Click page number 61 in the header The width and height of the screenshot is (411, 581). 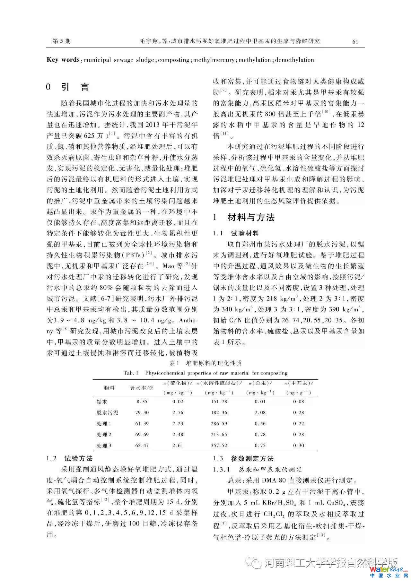(x=355, y=41)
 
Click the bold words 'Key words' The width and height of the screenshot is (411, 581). (x=63, y=60)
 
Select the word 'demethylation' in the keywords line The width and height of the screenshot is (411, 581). (x=294, y=60)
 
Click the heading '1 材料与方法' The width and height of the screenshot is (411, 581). (x=244, y=217)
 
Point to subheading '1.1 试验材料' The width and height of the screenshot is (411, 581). (x=236, y=233)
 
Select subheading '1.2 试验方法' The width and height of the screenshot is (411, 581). (x=69, y=458)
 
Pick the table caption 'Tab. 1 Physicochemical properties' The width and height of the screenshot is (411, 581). (x=205, y=373)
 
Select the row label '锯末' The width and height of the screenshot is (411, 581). (x=102, y=402)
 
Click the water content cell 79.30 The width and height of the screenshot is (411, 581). (x=142, y=412)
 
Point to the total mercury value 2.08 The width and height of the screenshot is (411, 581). (x=260, y=412)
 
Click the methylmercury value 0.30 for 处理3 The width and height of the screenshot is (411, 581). (x=299, y=445)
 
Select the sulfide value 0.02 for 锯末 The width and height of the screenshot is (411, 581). (x=178, y=402)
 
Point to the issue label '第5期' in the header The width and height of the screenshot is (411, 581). (x=61, y=41)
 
